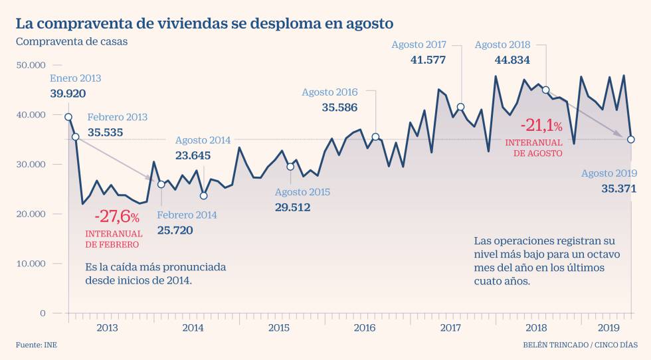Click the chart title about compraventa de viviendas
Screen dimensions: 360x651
pos(205,23)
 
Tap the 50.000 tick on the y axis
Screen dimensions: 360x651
pos(31,65)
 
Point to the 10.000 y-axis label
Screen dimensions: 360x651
pos(31,264)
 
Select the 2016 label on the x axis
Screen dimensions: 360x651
pos(365,327)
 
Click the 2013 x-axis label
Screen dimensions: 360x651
pos(108,327)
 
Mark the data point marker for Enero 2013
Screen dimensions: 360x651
pos(68,117)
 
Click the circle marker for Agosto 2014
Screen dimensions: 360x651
pos(203,195)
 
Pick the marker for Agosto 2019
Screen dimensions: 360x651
pos(630,139)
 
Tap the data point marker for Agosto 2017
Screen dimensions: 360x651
pos(460,107)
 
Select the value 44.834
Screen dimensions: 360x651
pos(512,60)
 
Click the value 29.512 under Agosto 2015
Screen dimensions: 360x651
pos(293,207)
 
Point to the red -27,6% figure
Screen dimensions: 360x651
pos(118,217)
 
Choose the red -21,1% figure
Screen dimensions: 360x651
pos(541,125)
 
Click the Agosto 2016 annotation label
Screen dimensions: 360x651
pos(329,92)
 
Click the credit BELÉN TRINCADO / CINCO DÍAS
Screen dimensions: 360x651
pos(580,345)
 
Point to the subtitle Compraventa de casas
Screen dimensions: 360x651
pos(71,42)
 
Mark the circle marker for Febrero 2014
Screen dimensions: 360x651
pos(161,185)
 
